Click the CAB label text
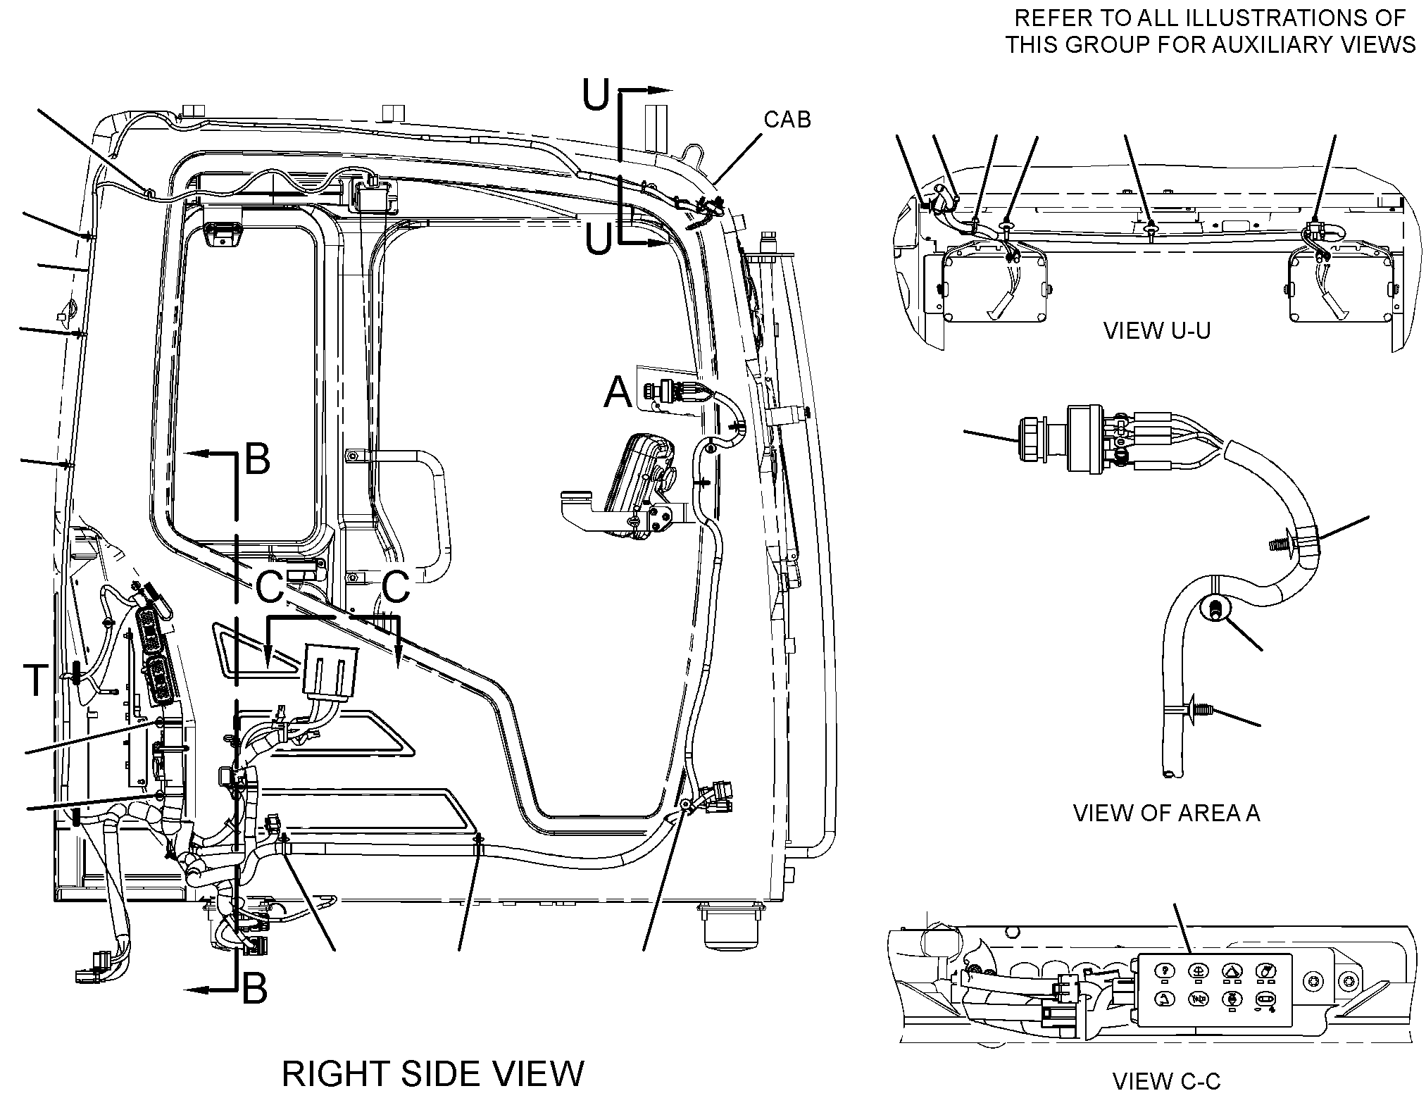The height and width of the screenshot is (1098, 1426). (x=787, y=120)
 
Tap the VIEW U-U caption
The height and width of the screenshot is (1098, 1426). (x=1157, y=330)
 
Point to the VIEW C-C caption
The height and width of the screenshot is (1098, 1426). (x=1166, y=1081)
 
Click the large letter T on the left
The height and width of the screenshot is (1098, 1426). (x=36, y=680)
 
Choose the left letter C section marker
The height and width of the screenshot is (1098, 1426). (x=270, y=587)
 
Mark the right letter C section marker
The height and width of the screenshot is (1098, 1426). (x=396, y=587)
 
